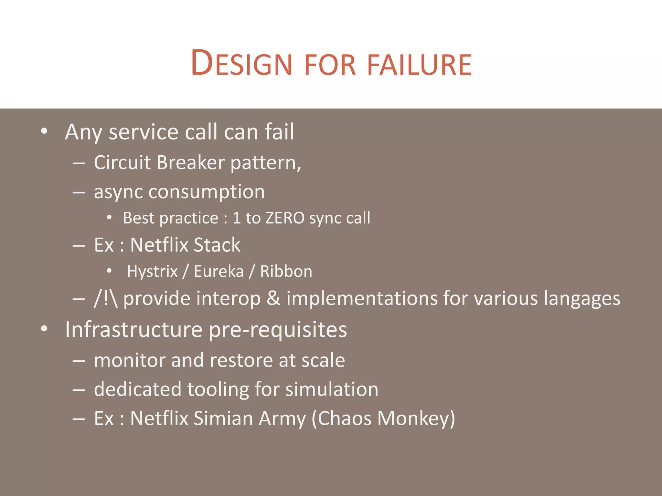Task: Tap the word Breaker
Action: click(190, 162)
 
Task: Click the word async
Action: click(118, 192)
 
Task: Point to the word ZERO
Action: click(284, 218)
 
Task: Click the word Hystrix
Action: click(152, 272)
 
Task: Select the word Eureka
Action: click(219, 272)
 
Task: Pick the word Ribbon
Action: click(286, 272)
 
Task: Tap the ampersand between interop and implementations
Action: click(273, 298)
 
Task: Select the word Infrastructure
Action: click(133, 330)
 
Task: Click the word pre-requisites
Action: click(278, 330)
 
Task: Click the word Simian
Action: click(223, 418)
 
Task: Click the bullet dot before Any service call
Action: click(44, 131)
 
